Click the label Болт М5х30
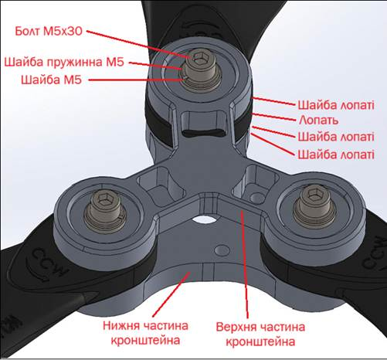tap(49, 31)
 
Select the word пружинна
tap(74, 62)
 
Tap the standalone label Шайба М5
tap(51, 80)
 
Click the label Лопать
tap(318, 121)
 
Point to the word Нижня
tap(121, 325)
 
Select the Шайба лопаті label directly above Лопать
tap(336, 105)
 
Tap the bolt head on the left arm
tap(105, 202)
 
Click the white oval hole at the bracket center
tap(205, 219)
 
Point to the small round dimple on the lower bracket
tap(222, 250)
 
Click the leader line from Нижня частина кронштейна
tap(171, 294)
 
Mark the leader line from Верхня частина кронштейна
tap(245, 264)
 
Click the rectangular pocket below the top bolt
tap(205, 124)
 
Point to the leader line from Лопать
tap(273, 117)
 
